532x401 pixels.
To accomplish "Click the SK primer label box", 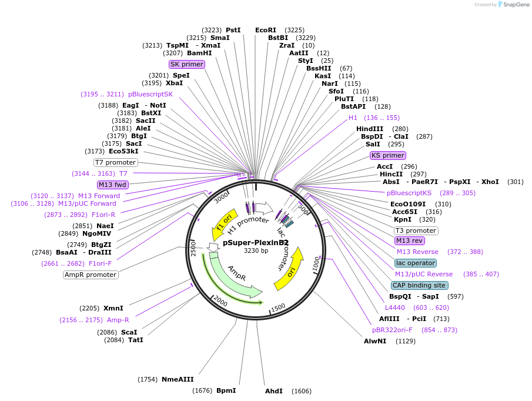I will [187, 64].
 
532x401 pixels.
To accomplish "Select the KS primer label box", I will [388, 155].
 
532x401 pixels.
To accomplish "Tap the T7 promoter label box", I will [116, 162].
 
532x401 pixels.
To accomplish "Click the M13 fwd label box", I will [113, 185].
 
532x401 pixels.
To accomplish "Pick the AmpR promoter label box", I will [91, 275].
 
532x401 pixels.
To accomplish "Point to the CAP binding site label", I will [420, 285].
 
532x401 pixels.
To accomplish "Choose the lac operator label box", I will [416, 263].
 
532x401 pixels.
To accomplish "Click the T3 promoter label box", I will [416, 230].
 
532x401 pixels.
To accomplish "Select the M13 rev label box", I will [410, 240].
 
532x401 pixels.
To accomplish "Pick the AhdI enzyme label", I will [274, 391].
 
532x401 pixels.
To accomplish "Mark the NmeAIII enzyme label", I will [178, 379].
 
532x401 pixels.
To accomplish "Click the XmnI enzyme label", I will [113, 308].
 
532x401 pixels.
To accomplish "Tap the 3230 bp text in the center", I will [256, 251].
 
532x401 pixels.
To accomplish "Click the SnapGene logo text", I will [514, 5].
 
